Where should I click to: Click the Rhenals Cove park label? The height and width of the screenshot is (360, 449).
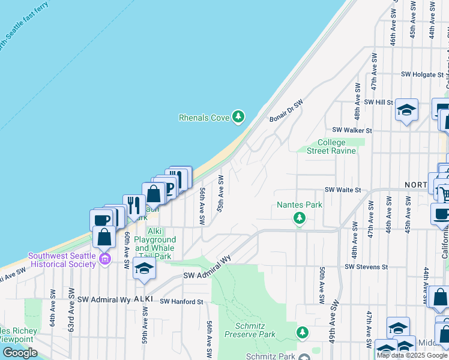pyautogui.click(x=204, y=118)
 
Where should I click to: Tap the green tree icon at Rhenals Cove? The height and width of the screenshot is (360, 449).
pyautogui.click(x=239, y=116)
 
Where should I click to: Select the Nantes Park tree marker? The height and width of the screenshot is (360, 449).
pyautogui.click(x=299, y=218)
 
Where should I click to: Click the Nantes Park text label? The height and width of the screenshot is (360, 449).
pyautogui.click(x=299, y=205)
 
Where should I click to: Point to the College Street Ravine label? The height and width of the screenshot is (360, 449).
pyautogui.click(x=331, y=146)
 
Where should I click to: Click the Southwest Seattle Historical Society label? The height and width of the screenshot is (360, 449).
pyautogui.click(x=62, y=259)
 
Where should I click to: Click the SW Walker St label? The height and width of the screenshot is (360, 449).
pyautogui.click(x=352, y=130)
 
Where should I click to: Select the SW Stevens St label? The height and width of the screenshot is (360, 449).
pyautogui.click(x=367, y=266)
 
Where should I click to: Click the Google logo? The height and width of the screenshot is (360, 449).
pyautogui.click(x=20, y=353)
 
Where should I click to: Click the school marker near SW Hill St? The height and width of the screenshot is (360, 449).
pyautogui.click(x=406, y=110)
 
